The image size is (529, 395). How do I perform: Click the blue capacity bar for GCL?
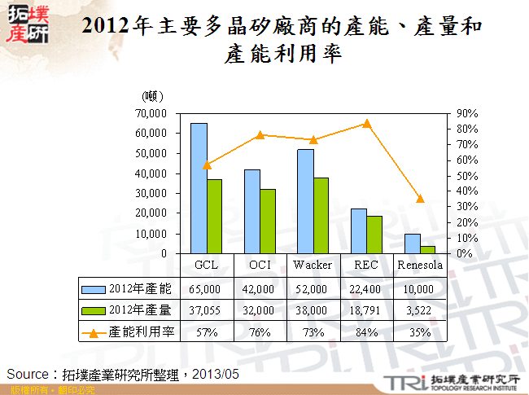tap(199, 188)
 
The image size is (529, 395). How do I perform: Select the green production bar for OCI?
tap(267, 221)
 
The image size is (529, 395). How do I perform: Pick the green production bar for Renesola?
tap(428, 249)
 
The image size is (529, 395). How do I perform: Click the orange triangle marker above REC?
tap(367, 124)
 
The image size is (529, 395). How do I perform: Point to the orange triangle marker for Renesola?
tap(420, 199)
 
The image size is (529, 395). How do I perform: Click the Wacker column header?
tap(313, 266)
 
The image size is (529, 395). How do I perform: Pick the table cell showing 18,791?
tap(366, 310)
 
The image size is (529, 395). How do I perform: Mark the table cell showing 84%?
tap(366, 332)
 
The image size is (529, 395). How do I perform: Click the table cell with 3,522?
tap(420, 310)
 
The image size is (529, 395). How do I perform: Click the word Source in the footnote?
tap(27, 374)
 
